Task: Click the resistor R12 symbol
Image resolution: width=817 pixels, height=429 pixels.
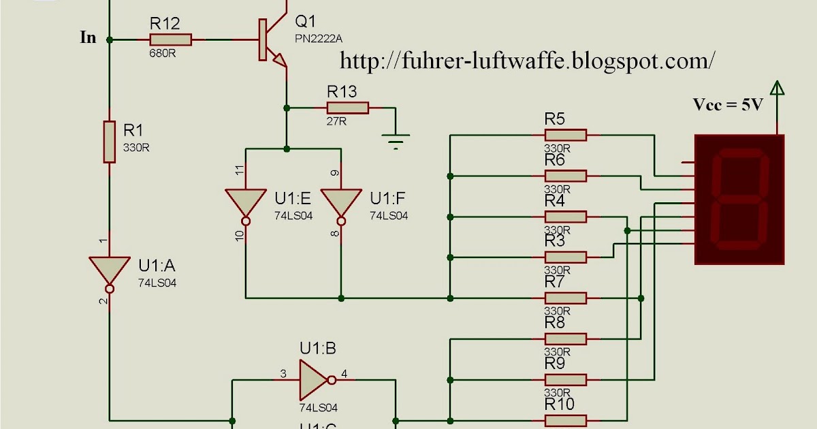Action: (170, 40)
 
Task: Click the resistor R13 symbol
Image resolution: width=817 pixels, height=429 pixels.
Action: (347, 108)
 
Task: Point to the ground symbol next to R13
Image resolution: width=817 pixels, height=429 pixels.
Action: (396, 142)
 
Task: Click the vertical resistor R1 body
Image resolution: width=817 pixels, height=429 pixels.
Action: (109, 142)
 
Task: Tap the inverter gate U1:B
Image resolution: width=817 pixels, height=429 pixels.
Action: (314, 379)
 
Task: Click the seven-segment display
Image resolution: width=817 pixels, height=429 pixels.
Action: (739, 200)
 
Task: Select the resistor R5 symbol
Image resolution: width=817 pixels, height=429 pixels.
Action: (565, 136)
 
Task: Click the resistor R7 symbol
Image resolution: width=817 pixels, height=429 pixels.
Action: (565, 298)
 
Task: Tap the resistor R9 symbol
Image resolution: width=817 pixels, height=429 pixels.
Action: (565, 379)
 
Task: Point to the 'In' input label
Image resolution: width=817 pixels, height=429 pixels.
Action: (89, 38)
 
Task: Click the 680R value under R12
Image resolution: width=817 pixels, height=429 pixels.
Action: (163, 53)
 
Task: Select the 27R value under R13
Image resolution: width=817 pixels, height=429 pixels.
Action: (337, 121)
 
